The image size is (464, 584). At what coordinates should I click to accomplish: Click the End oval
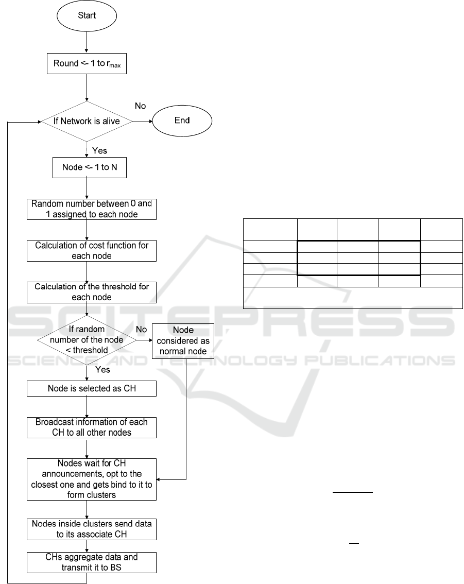pos(182,121)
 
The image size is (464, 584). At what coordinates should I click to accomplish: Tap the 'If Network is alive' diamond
pos(87,122)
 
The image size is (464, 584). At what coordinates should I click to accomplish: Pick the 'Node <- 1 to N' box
pos(90,167)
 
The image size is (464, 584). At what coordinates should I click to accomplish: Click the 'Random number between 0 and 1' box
pos(91,209)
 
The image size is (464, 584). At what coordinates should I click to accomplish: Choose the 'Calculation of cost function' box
pos(91,250)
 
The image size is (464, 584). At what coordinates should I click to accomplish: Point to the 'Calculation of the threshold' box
pos(91,292)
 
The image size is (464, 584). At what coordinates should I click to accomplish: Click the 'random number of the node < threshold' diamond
pos(87,340)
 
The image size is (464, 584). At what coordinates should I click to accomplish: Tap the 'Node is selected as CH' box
pos(91,388)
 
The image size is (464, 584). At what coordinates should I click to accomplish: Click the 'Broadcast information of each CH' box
pos(91,427)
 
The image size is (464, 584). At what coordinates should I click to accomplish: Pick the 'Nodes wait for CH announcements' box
pos(91,479)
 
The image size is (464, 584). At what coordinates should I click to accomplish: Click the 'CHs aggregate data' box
pos(91,562)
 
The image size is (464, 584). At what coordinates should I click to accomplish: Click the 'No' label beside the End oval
pos(140,106)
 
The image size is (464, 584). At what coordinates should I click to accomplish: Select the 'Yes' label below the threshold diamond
pos(102,369)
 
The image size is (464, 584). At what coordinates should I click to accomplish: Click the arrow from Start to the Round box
pos(87,43)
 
